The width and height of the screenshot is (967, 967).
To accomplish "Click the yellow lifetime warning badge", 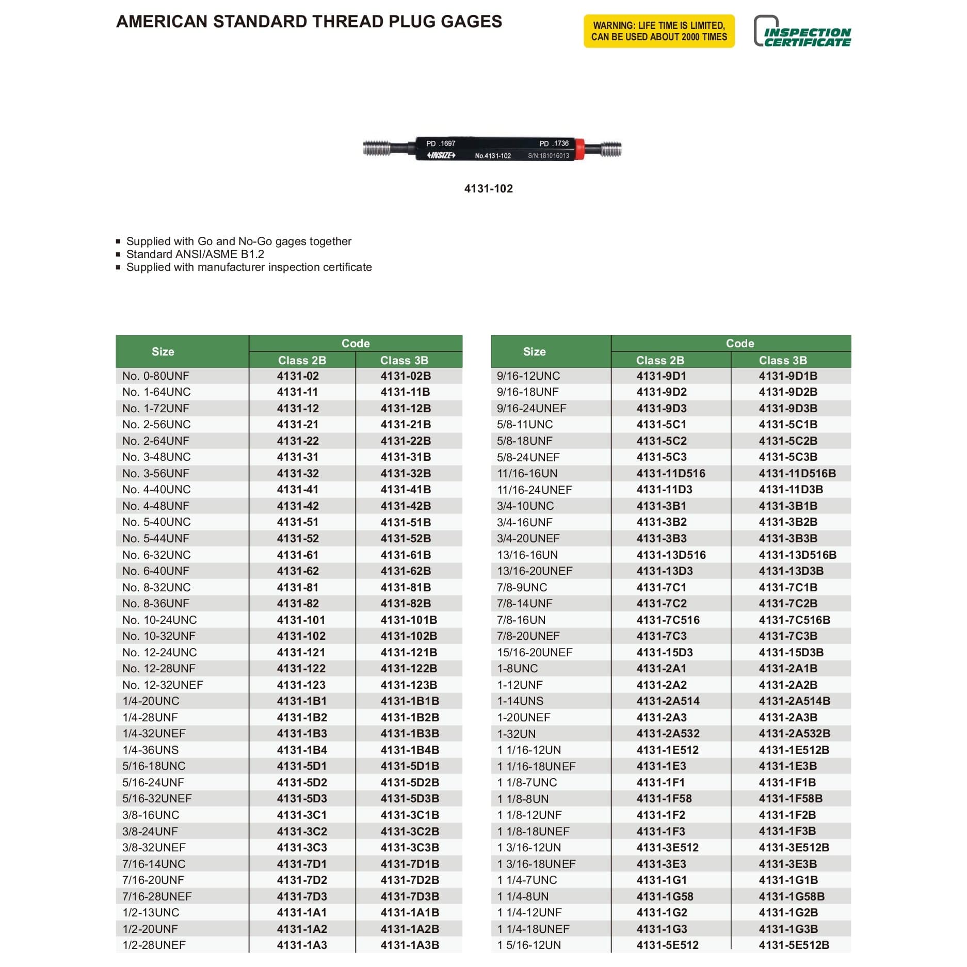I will click(x=658, y=31).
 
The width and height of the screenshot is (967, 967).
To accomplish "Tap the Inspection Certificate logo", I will click(x=802, y=32).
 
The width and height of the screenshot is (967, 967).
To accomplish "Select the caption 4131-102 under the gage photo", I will click(x=488, y=189).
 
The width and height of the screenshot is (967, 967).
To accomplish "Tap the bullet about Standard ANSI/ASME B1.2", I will click(x=195, y=254).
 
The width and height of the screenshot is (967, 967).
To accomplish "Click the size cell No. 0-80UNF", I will click(x=156, y=376).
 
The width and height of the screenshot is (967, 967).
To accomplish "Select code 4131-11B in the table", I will click(x=405, y=392).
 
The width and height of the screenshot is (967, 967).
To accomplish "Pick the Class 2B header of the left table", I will click(x=302, y=360).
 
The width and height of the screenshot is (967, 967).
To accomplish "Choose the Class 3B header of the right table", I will click(x=782, y=360).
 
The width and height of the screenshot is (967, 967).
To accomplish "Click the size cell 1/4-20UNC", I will click(x=151, y=701).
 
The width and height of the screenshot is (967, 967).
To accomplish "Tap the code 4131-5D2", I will click(x=302, y=783).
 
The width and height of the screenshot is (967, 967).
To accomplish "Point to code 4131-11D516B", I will click(x=797, y=474).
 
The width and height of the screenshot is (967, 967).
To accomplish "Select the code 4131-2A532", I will click(x=668, y=734).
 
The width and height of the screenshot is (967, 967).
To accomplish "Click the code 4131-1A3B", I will click(x=410, y=945).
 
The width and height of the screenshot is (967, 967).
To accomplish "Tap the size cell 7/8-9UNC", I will click(x=522, y=588).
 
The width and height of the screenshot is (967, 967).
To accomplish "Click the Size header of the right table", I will click(x=534, y=351).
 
